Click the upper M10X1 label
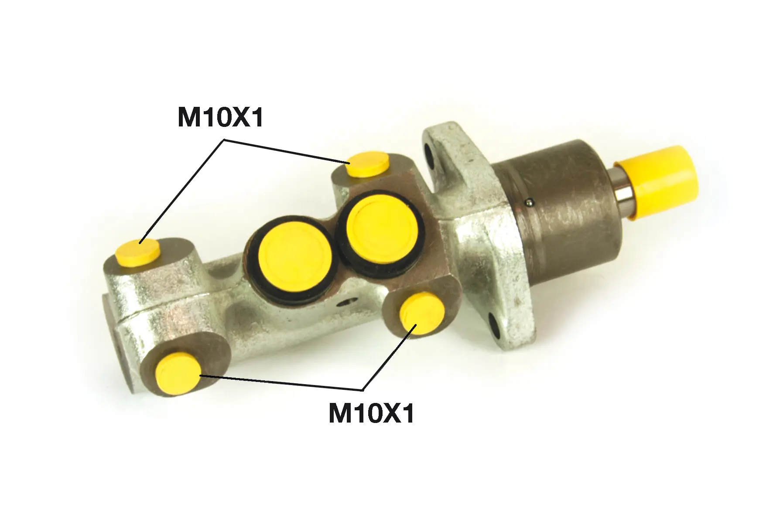pos(221,117)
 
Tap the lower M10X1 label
pos(371,413)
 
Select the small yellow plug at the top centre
pos(370,164)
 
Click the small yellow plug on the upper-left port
pos(138,252)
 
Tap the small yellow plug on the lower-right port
pos(422,314)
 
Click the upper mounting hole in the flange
pos(429,156)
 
